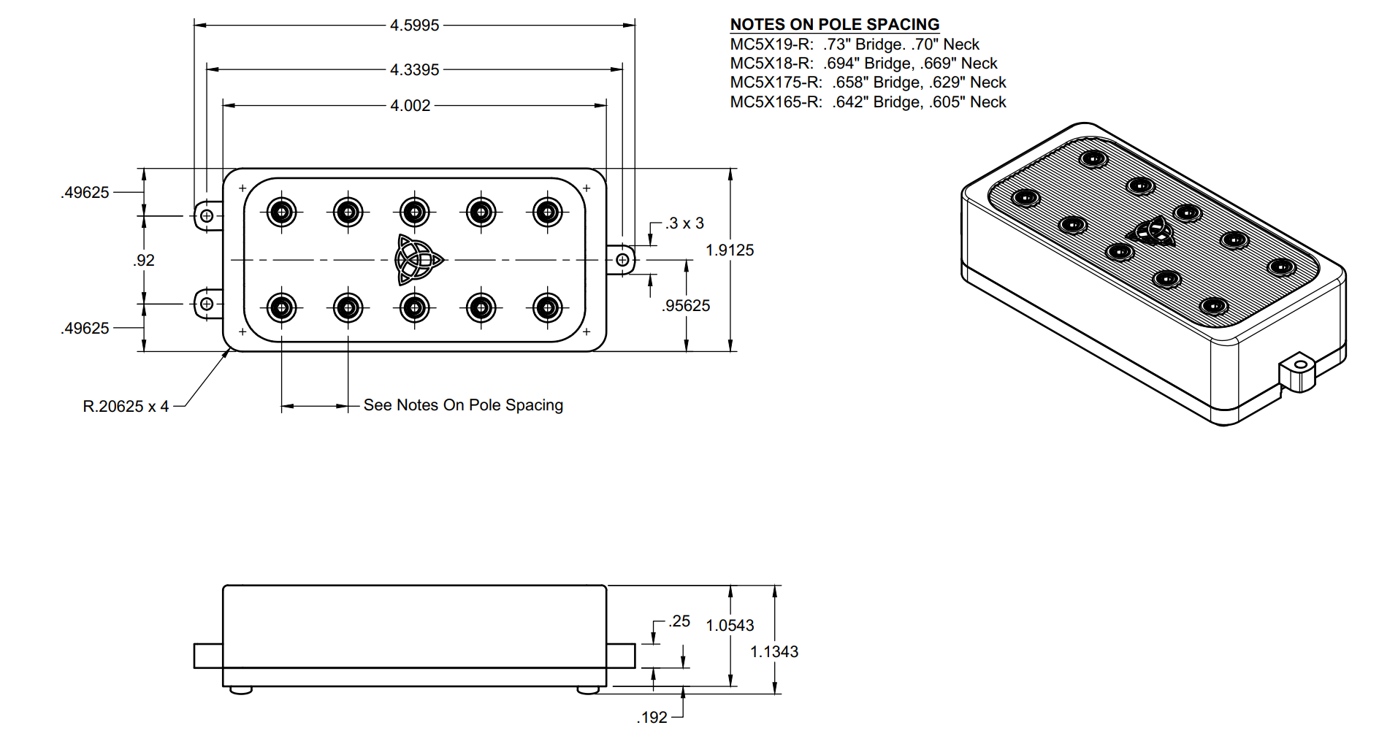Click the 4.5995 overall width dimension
414,26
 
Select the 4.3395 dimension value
414,70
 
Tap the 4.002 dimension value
410,106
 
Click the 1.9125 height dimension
730,250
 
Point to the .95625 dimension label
686,306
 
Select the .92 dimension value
144,261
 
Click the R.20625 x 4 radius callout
126,407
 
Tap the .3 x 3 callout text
684,223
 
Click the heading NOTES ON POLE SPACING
835,25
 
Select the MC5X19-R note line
855,45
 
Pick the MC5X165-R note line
868,102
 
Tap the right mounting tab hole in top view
622,260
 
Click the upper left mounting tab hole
207,216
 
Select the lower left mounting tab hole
207,304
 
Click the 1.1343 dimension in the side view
774,652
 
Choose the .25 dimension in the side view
679,621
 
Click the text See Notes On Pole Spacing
463,405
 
